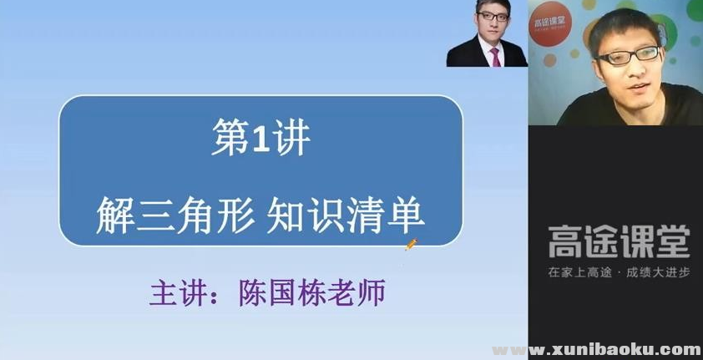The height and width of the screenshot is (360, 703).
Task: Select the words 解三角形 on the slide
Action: pos(175,215)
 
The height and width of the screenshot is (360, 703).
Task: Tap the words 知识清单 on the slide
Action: pos(346,215)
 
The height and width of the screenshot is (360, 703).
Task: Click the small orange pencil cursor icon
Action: pos(411,245)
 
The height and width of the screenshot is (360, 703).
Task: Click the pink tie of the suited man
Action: pos(495,57)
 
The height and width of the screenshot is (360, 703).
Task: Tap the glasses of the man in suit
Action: pos(493,17)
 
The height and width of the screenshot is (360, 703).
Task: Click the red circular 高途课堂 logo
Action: pos(549,23)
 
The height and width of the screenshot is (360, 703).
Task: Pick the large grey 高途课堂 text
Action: pos(619,241)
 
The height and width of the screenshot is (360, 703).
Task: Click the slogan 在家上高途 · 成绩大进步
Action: pos(619,272)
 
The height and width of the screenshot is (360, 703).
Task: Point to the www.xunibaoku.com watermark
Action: pos(597,350)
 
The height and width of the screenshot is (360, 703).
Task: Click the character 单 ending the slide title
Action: pos(406,215)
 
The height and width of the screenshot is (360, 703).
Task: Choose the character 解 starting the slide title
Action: pos(115,215)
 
